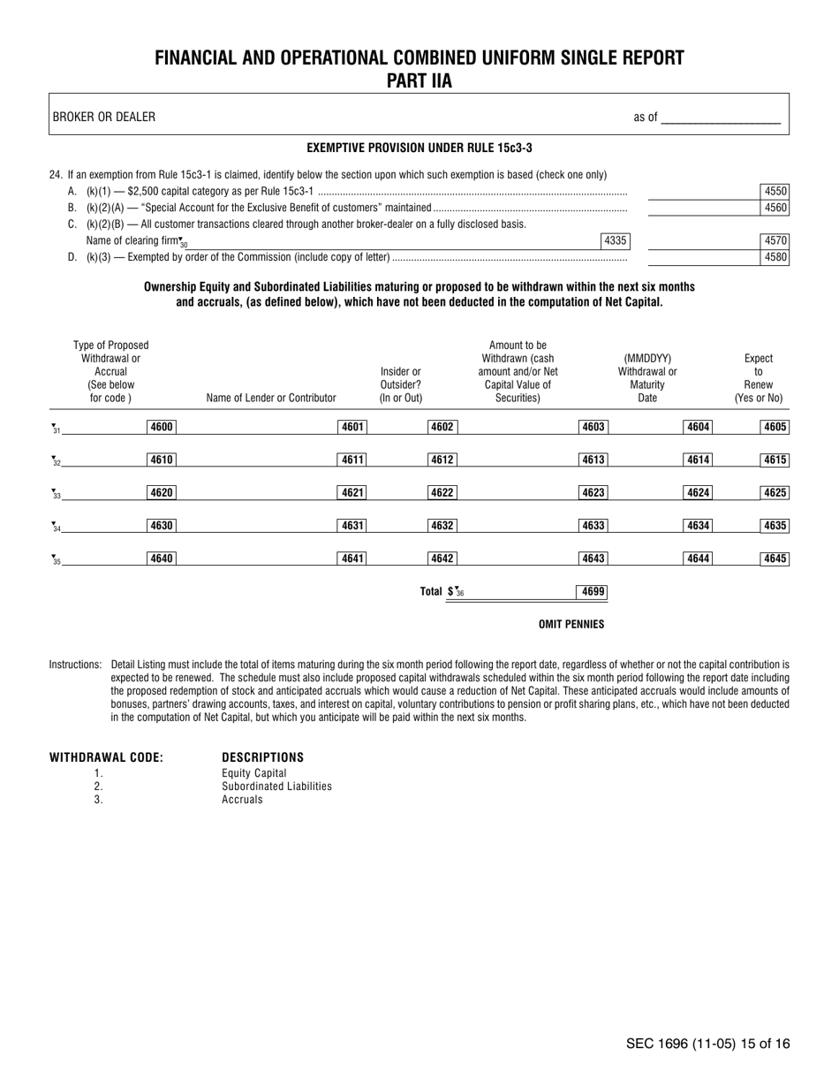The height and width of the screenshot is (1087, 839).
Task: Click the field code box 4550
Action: tap(775, 191)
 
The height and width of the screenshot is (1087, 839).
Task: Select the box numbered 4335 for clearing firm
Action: tap(615, 240)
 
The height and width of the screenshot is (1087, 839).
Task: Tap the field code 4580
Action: tap(775, 258)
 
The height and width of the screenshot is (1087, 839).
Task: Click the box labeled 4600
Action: tap(161, 428)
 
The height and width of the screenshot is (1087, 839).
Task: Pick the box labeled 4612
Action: tap(442, 460)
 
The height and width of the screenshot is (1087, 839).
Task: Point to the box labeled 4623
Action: tap(593, 493)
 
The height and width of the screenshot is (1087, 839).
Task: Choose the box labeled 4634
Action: tap(698, 526)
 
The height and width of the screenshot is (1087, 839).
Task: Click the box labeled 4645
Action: tap(775, 559)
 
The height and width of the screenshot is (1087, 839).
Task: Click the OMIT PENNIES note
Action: tap(571, 625)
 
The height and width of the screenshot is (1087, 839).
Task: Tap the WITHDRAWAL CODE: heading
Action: tap(106, 757)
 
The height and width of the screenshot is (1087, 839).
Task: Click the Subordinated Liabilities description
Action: tap(276, 786)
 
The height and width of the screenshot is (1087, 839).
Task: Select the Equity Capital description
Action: tap(254, 772)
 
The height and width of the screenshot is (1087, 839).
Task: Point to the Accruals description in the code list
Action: tap(242, 799)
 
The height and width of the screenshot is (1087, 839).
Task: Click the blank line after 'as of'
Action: tap(721, 118)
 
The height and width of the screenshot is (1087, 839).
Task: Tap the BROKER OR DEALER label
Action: tap(104, 117)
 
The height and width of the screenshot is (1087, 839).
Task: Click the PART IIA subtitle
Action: tap(419, 81)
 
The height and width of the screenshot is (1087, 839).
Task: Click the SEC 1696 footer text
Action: tap(708, 1044)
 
